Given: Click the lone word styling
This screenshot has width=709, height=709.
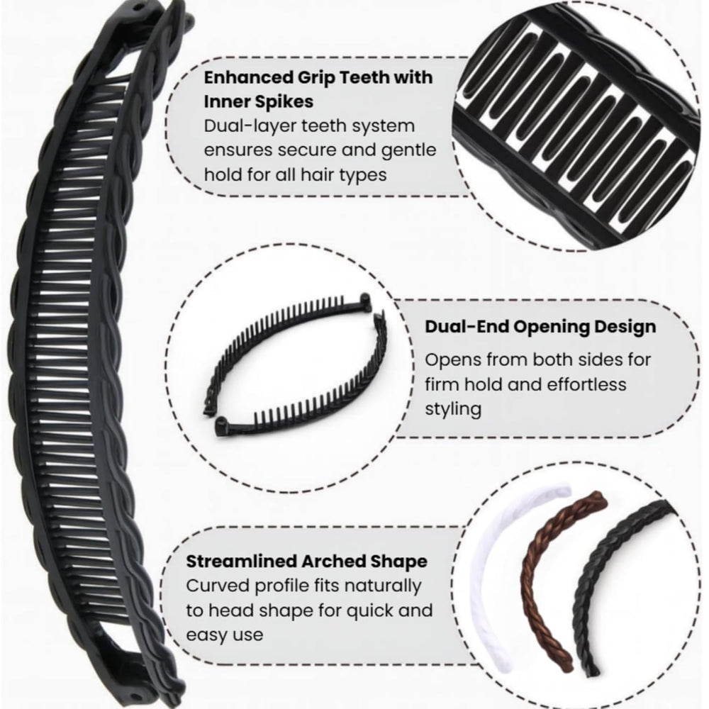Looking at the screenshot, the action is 452,409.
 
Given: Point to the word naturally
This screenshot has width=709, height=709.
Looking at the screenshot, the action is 383,586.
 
